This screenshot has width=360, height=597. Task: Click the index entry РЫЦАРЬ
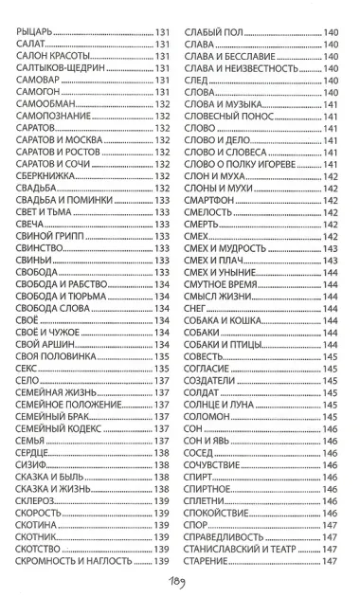pos(37,36)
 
